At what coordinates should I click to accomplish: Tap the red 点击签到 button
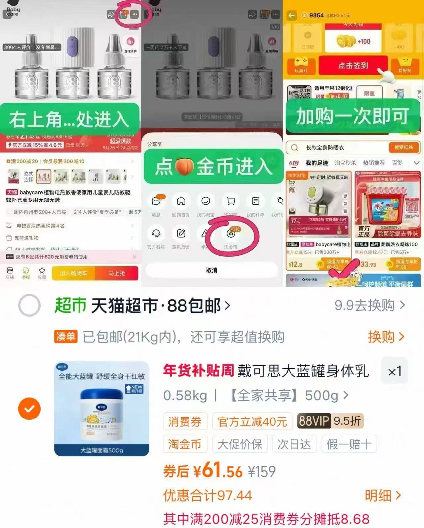point(353,66)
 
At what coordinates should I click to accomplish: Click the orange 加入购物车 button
point(73,273)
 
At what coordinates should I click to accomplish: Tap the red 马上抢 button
point(117,273)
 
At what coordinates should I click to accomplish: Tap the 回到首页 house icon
point(181,201)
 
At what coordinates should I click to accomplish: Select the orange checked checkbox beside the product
point(29,409)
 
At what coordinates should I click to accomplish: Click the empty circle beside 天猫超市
point(29,305)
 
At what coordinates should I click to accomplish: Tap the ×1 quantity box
point(395,371)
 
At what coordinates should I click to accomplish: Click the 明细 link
point(383,495)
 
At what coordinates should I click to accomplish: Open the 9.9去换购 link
point(369,305)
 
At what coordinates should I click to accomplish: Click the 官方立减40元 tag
point(252,421)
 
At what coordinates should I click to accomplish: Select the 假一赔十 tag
point(349,444)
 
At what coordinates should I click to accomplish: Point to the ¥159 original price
point(262,471)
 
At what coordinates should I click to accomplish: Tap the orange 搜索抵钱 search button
point(403,147)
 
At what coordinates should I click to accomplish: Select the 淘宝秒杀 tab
point(345,163)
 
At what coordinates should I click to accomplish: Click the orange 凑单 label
point(66,337)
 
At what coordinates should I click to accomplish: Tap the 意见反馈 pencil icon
point(181,234)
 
